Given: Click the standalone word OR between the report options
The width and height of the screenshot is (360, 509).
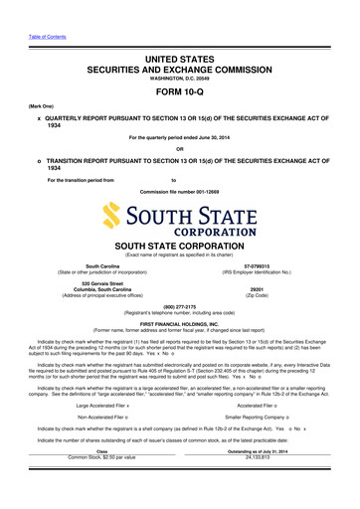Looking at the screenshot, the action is (179, 152).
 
